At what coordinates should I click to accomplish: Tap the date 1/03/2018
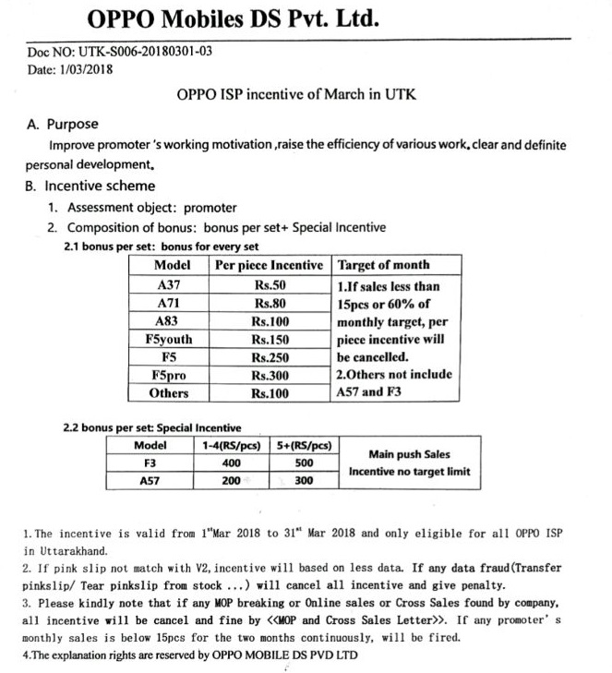tap(85, 70)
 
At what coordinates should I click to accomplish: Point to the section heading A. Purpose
tap(62, 124)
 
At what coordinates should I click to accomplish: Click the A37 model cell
tap(169, 284)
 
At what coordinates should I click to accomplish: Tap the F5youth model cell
tap(169, 339)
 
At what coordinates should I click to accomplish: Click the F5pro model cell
tap(169, 375)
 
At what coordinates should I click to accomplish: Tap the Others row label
tap(169, 393)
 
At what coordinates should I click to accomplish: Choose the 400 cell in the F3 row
tap(232, 463)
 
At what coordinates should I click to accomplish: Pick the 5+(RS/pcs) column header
tap(304, 445)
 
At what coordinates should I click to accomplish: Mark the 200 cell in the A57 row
tap(232, 481)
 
